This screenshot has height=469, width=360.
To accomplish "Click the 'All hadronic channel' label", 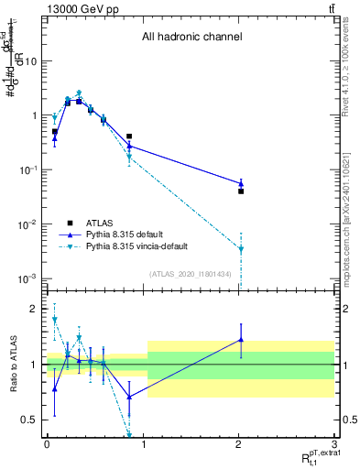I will tap(191, 38).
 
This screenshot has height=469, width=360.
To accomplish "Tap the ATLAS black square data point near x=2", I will tap(241, 191).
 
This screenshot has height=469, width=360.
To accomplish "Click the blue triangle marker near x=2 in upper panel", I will tap(241, 183).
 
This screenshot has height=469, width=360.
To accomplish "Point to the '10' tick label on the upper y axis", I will tap(30, 61).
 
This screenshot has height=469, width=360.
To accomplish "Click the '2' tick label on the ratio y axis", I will tap(34, 309).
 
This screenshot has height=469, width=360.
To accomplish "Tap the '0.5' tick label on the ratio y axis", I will tap(30, 420).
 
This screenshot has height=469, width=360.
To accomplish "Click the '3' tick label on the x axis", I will tap(335, 443).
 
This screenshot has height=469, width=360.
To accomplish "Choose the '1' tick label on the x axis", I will tap(143, 443).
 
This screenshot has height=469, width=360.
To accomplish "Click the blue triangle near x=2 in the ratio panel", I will tap(241, 339).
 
